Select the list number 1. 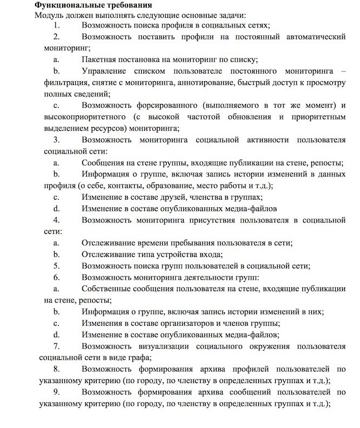[57, 25]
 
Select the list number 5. [57, 266]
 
